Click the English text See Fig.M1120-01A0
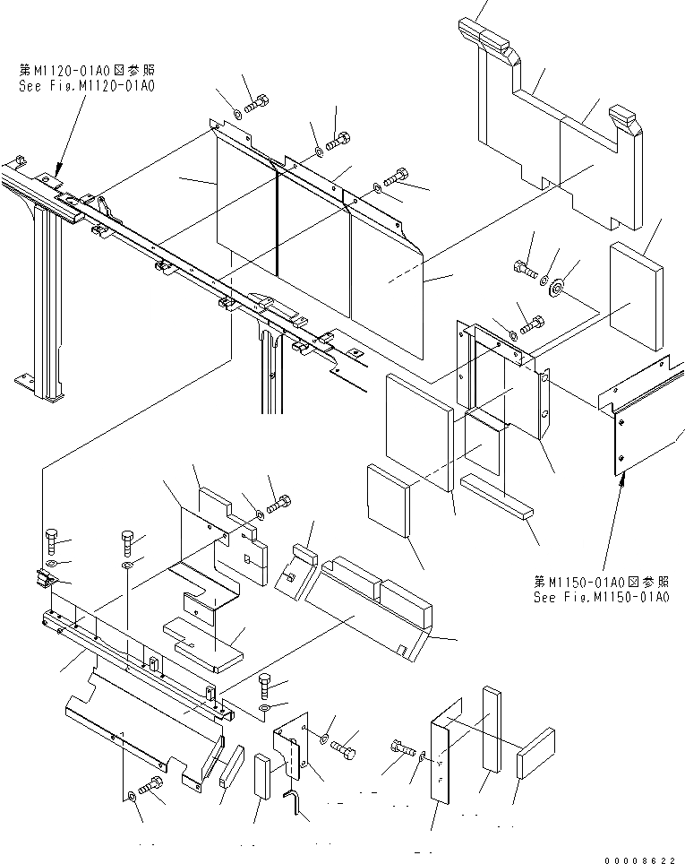pos(86,86)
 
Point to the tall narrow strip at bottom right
pos(492,728)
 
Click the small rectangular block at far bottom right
pos(535,751)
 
